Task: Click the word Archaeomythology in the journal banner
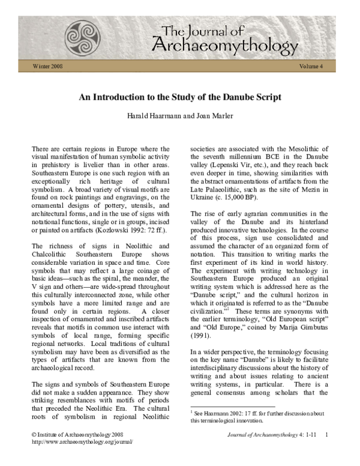[224, 45]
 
